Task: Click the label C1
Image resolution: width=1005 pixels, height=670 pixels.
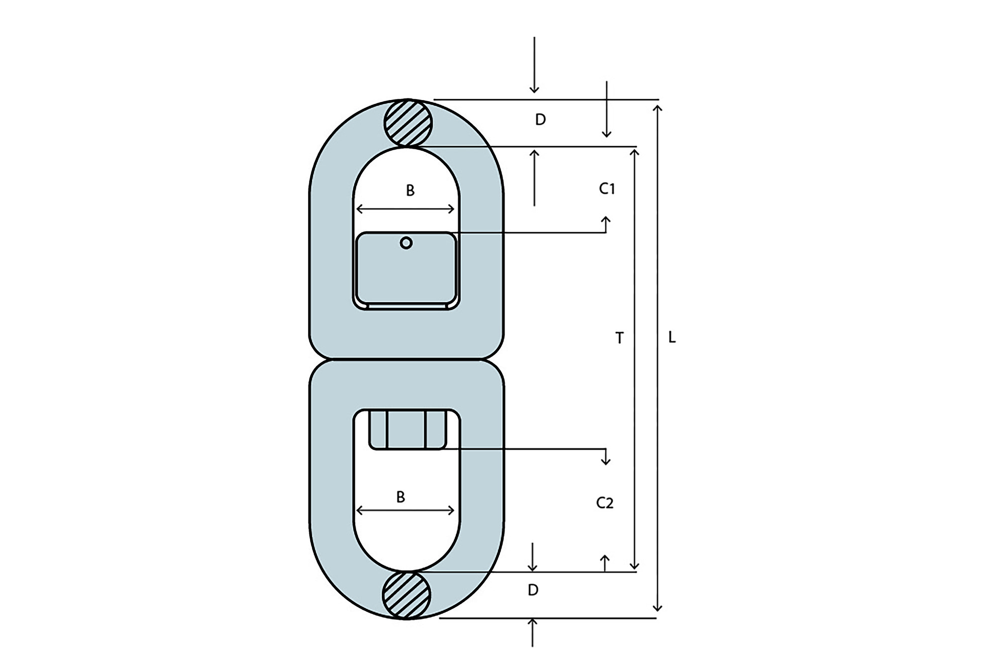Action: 607,188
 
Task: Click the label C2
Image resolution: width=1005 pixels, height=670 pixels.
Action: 605,503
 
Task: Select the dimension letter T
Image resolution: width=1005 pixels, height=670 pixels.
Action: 620,338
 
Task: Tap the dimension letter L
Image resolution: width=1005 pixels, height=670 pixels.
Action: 672,338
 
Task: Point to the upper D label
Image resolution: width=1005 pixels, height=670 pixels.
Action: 540,120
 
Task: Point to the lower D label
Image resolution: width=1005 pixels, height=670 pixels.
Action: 533,590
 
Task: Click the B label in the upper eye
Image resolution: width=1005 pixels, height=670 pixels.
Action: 410,190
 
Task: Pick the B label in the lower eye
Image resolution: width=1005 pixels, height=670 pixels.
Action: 400,497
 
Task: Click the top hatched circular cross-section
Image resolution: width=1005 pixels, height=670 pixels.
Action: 408,123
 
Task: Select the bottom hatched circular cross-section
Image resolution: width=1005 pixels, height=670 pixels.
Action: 407,595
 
